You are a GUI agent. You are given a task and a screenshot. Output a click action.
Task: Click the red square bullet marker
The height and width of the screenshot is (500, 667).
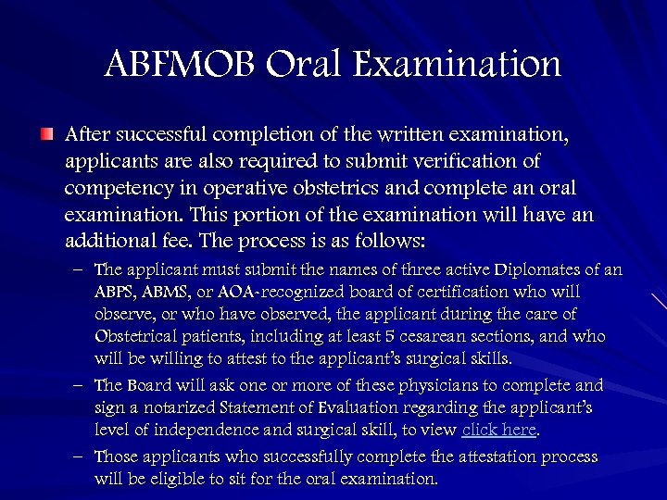pyautogui.click(x=47, y=135)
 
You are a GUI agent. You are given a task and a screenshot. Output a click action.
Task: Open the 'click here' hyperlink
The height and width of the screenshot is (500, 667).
pyautogui.click(x=499, y=430)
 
